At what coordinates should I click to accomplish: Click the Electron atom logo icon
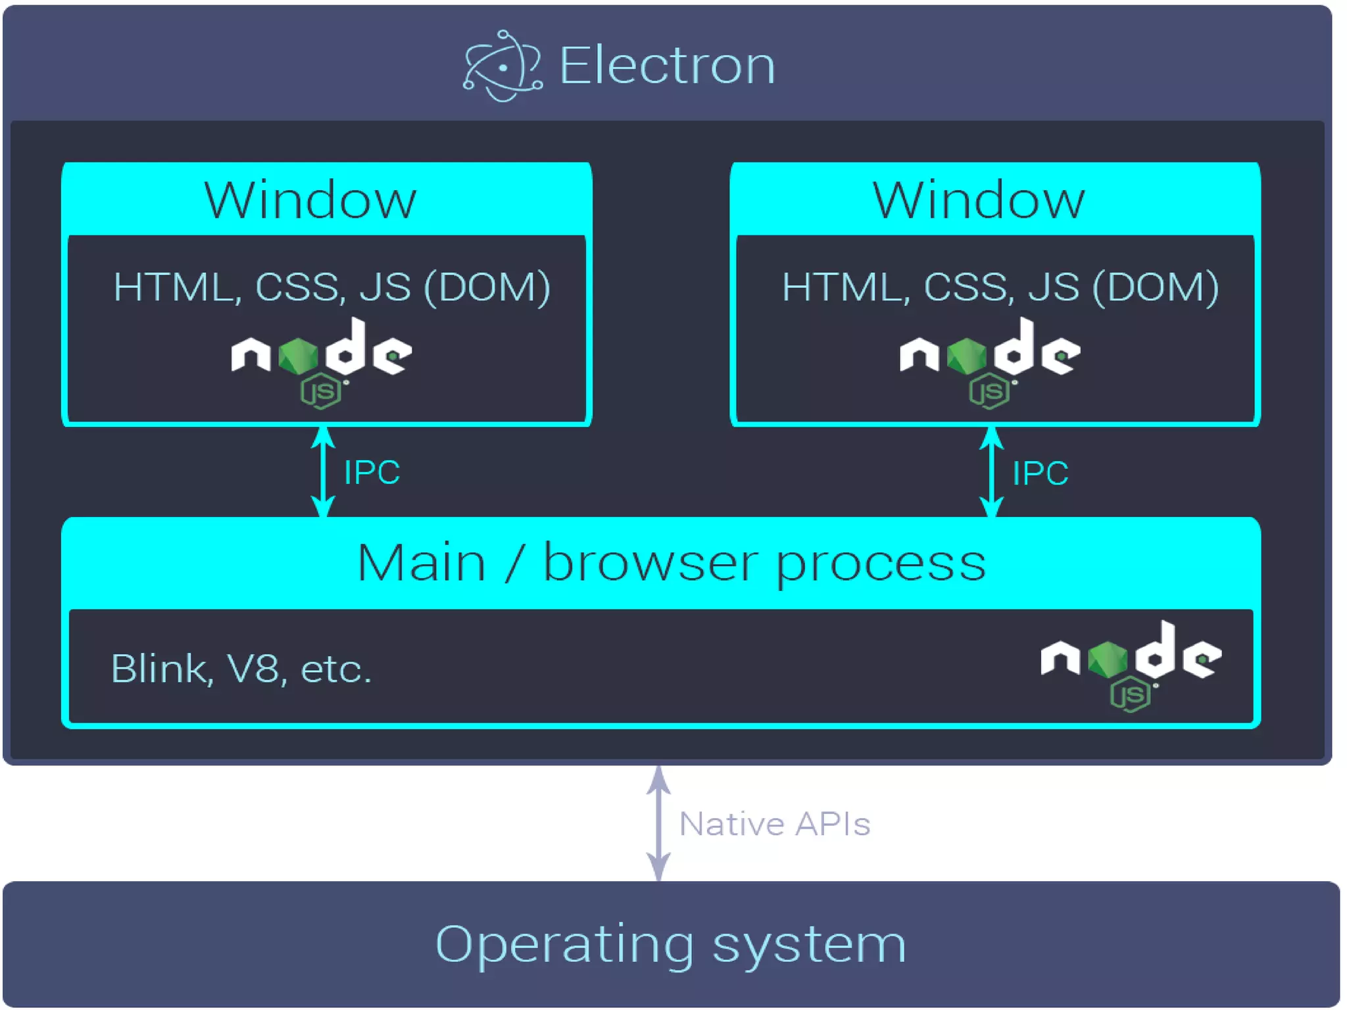pos(502,66)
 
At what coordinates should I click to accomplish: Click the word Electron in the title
pos(667,66)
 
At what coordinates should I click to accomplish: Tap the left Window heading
pos(310,200)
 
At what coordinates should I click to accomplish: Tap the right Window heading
pos(979,200)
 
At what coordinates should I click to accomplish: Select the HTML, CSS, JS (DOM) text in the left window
pos(331,287)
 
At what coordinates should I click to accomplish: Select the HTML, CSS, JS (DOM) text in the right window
pos(1000,287)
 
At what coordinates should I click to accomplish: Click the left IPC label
pos(372,472)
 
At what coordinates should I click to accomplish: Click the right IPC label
pos(1040,473)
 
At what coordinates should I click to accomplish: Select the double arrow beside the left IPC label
pos(322,472)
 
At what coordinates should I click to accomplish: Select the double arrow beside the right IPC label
pos(991,472)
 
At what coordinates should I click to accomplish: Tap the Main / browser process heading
pos(671,564)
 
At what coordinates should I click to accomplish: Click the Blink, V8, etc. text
pos(241,669)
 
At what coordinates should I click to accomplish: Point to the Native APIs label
pos(774,824)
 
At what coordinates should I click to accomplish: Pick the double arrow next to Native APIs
pos(658,823)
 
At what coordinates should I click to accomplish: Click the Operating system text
pos(671,944)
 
